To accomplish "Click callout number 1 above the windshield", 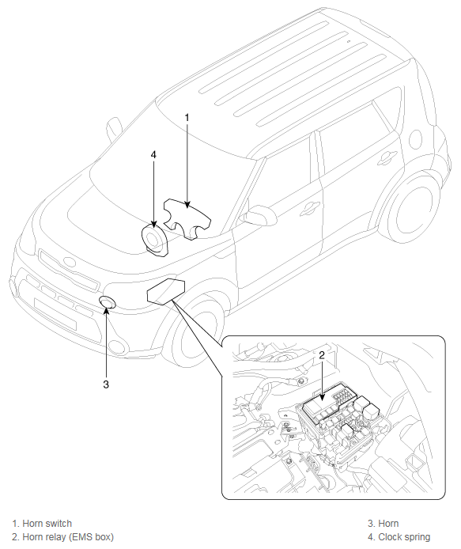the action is [x=187, y=118].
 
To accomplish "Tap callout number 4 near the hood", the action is [x=153, y=154].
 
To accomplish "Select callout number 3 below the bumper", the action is [x=106, y=384].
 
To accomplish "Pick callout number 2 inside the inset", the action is [x=322, y=355].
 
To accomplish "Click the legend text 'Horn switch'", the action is [x=47, y=524].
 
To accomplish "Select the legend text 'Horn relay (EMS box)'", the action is [x=68, y=537].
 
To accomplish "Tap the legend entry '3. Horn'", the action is [x=383, y=524].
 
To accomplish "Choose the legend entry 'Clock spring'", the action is [x=404, y=537].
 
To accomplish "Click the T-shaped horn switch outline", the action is [x=187, y=218].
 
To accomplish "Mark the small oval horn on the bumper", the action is [x=108, y=302].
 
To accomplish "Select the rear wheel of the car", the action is [x=415, y=210].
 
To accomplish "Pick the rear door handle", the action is [x=387, y=157].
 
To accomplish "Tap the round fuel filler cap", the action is [x=415, y=139].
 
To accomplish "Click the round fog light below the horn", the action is [x=117, y=346].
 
